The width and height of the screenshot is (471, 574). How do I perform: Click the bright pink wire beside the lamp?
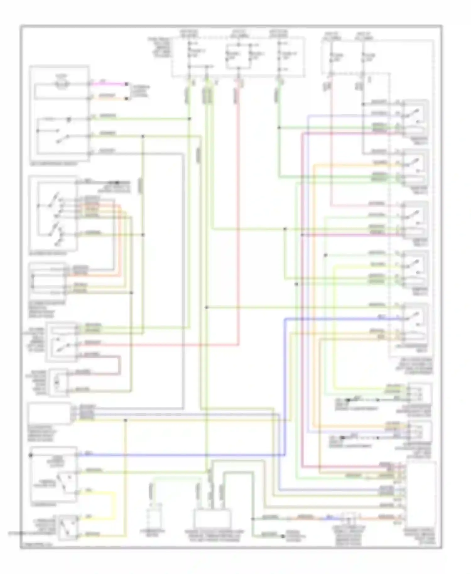pyautogui.click(x=108, y=84)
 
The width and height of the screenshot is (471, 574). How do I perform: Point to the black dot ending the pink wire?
pyautogui.click(x=127, y=84)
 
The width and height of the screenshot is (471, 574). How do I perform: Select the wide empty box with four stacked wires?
pyautogui.click(x=49, y=414)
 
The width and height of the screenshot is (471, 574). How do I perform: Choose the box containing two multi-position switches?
pyautogui.click(x=53, y=214)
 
